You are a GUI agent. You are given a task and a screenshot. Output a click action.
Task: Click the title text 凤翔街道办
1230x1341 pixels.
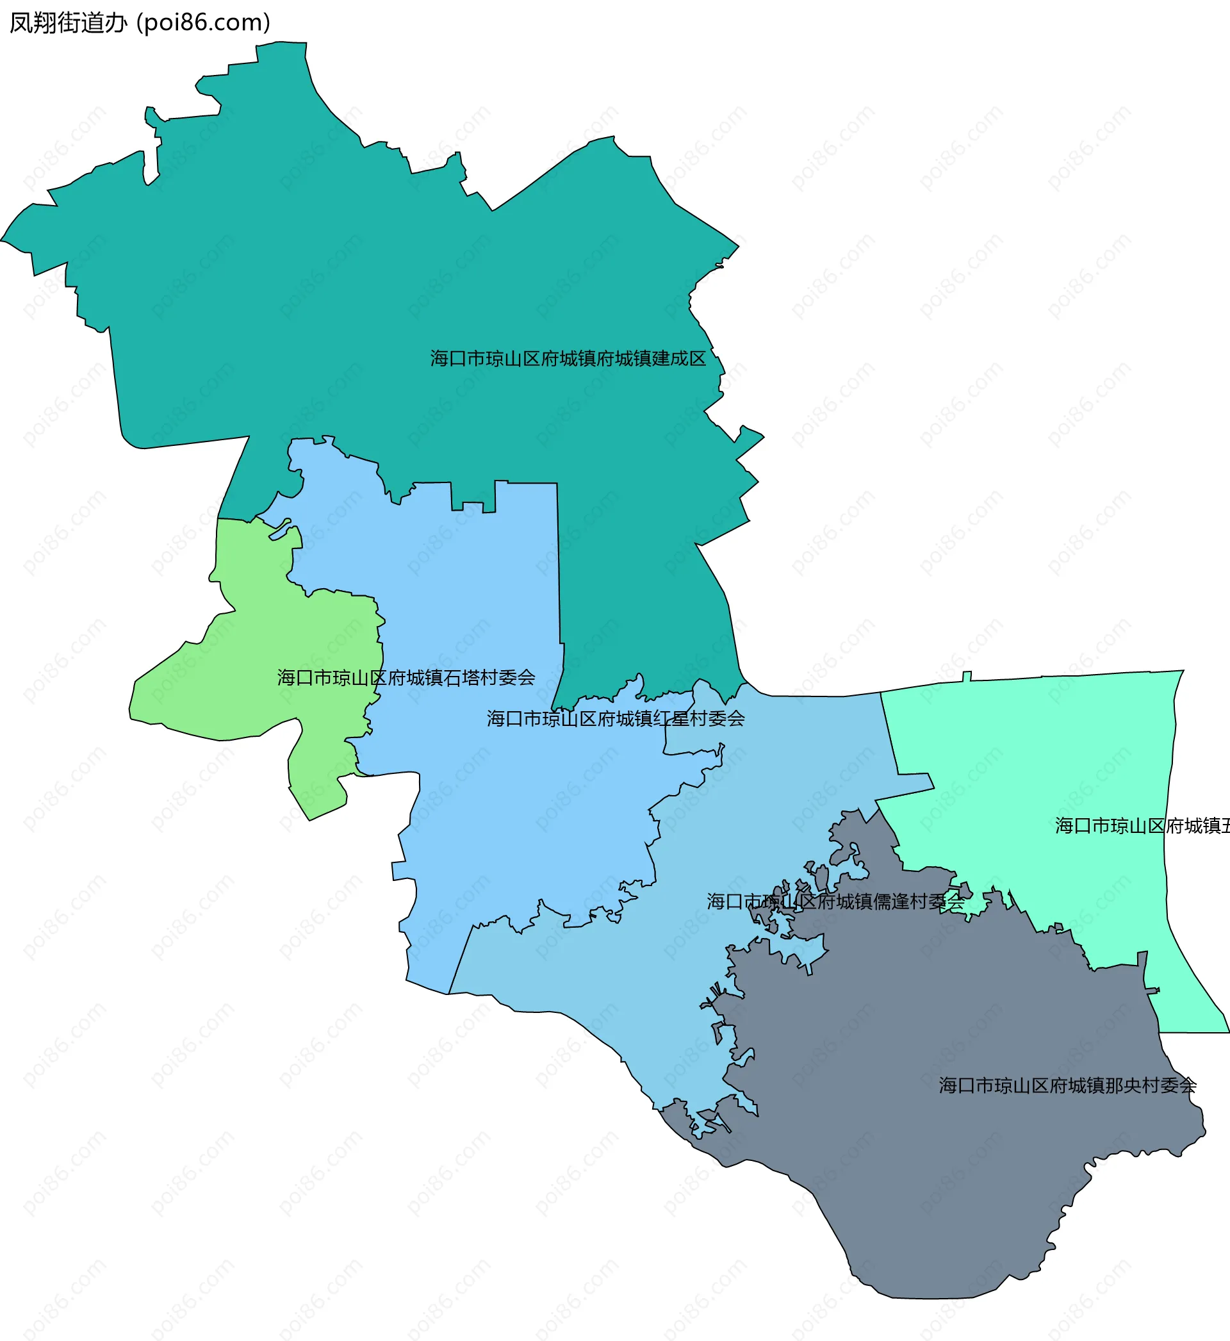pyautogui.click(x=68, y=23)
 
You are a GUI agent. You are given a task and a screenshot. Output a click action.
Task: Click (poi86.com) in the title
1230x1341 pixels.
pyautogui.click(x=203, y=23)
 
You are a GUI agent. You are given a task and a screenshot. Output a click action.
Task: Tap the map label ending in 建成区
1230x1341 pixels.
pyautogui.click(x=568, y=359)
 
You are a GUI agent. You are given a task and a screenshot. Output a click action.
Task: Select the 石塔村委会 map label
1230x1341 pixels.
pyautogui.click(x=406, y=677)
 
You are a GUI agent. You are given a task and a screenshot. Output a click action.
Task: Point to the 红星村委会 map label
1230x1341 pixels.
pyautogui.click(x=616, y=719)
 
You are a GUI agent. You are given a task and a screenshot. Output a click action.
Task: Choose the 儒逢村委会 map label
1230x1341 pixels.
pyautogui.click(x=835, y=901)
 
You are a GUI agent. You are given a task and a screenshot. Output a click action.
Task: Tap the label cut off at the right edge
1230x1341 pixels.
pyautogui.click(x=1142, y=826)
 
